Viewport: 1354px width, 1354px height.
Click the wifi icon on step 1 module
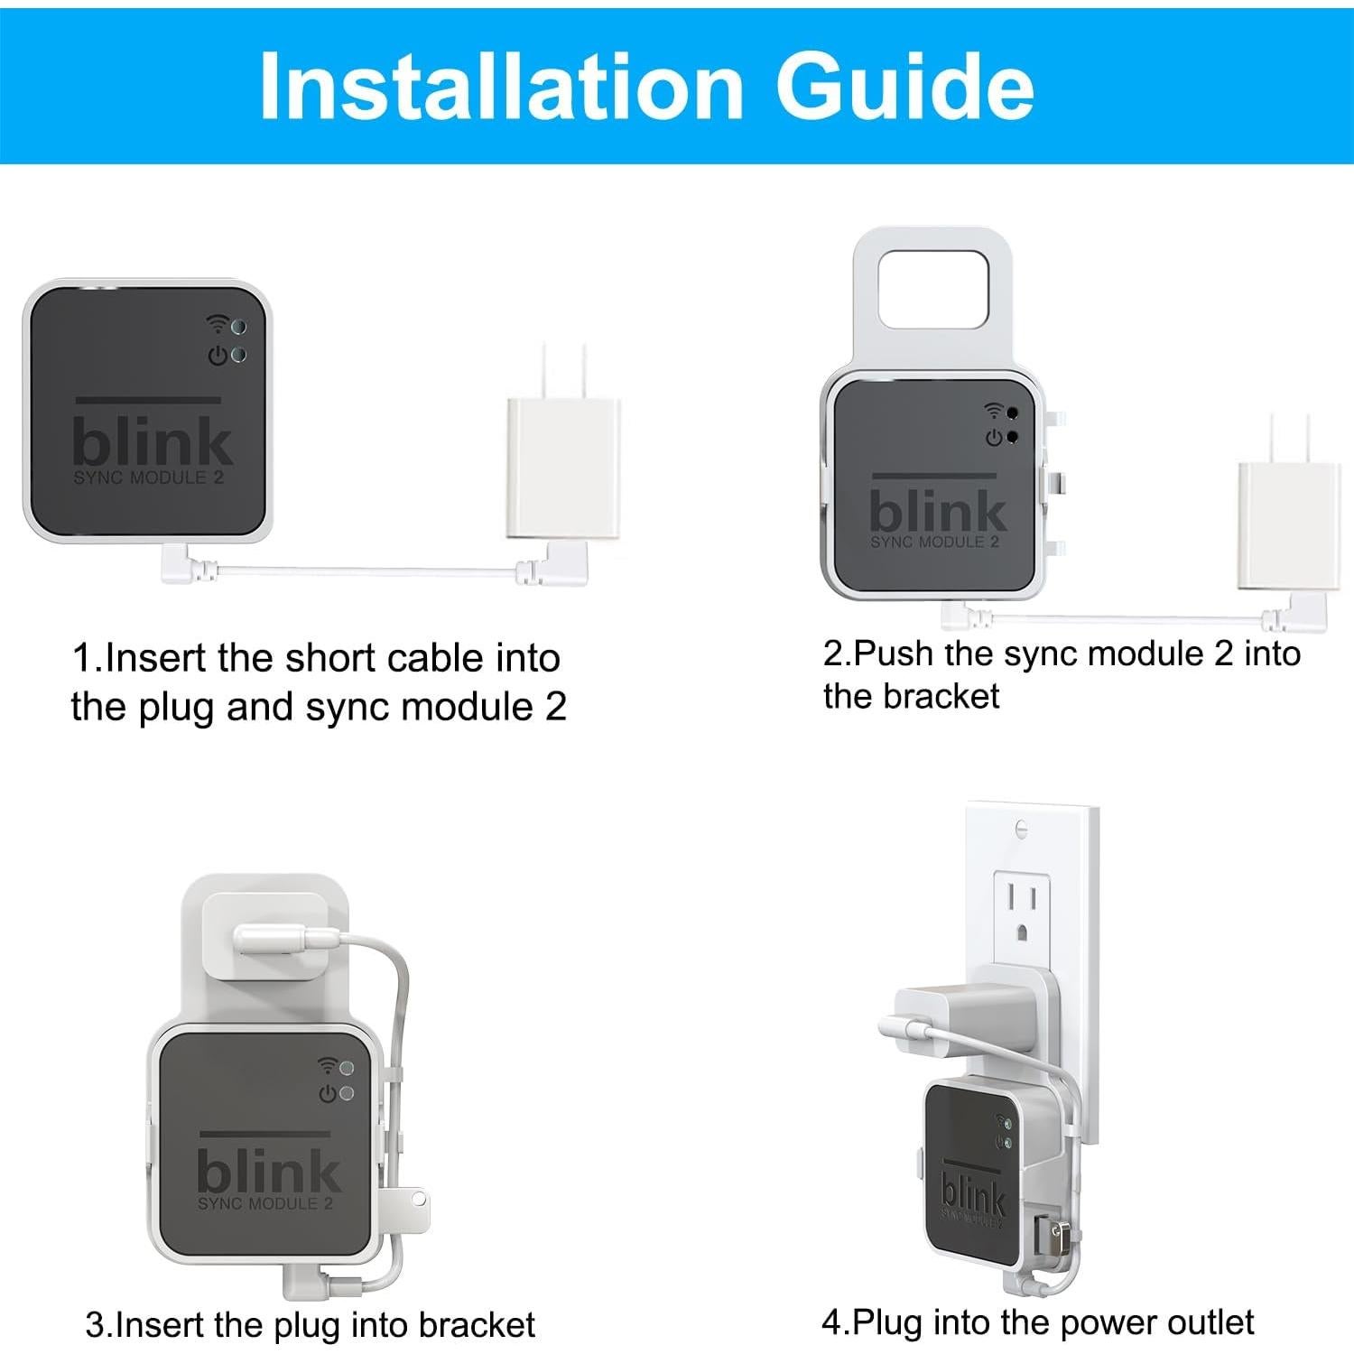coord(217,323)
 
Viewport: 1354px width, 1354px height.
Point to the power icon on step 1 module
coord(218,356)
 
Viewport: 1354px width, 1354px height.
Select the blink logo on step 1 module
coord(152,441)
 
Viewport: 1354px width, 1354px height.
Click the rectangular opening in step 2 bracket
coord(933,290)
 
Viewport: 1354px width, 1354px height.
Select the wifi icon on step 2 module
coord(993,412)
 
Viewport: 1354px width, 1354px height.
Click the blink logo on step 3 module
coord(268,1171)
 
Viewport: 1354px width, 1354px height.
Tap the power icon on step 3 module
coord(328,1094)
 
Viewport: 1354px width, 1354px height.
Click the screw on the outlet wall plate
coord(1021,827)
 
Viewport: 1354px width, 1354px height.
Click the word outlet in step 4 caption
coord(1210,1322)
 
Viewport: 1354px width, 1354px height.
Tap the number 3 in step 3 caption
coord(95,1325)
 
